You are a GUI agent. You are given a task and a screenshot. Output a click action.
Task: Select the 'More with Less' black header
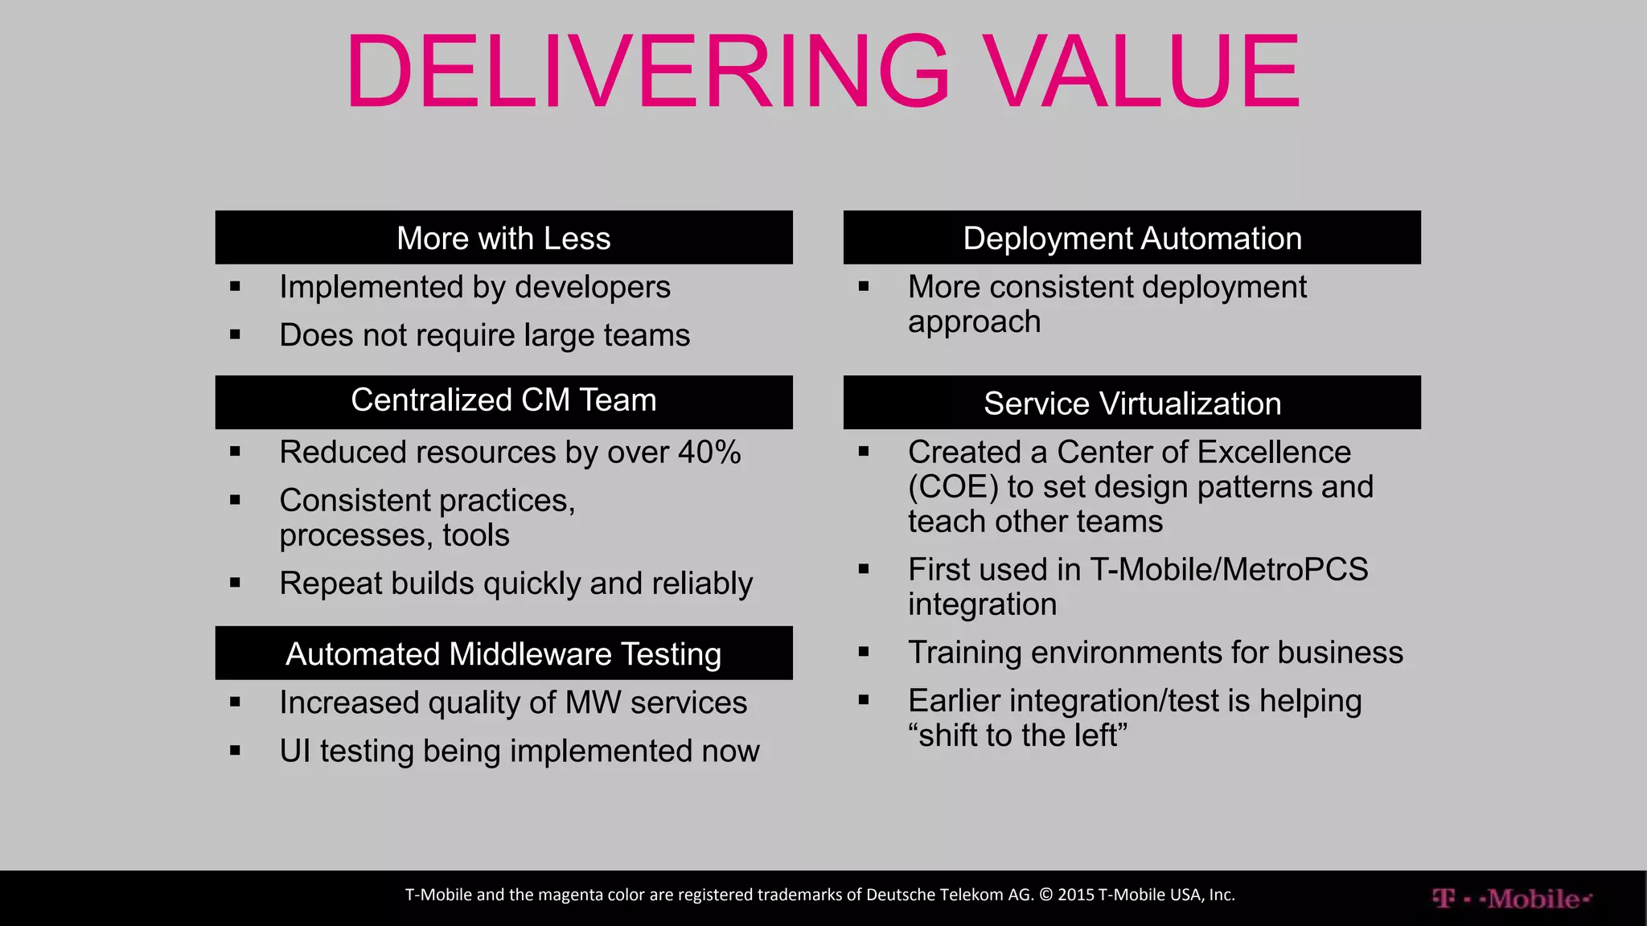pyautogui.click(x=503, y=238)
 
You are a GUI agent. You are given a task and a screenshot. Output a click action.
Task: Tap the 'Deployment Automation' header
pyautogui.click(x=1132, y=238)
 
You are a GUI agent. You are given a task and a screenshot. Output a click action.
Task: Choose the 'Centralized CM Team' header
pyautogui.click(x=503, y=401)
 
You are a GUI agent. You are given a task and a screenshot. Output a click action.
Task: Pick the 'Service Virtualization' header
pyautogui.click(x=1132, y=403)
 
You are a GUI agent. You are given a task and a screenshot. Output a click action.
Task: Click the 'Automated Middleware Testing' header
pyautogui.click(x=503, y=654)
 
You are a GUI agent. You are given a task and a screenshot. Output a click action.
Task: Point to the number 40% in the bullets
pyautogui.click(x=708, y=452)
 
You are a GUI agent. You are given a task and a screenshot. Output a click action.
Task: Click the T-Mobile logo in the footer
pyautogui.click(x=1511, y=898)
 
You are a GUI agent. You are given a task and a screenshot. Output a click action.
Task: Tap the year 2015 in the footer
pyautogui.click(x=1075, y=895)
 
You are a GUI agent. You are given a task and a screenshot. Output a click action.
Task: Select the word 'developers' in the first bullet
pyautogui.click(x=593, y=287)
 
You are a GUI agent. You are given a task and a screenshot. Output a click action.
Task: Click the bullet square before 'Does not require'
pyautogui.click(x=235, y=334)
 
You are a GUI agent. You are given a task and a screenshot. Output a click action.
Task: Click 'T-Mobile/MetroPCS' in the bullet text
pyautogui.click(x=1229, y=569)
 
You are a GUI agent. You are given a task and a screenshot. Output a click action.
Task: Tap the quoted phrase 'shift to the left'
pyautogui.click(x=1018, y=735)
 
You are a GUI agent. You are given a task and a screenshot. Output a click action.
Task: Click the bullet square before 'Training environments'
pyautogui.click(x=864, y=652)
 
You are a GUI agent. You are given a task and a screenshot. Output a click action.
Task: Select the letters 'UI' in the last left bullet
pyautogui.click(x=294, y=751)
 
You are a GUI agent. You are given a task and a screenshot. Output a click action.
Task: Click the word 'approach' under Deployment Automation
pyautogui.click(x=974, y=322)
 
